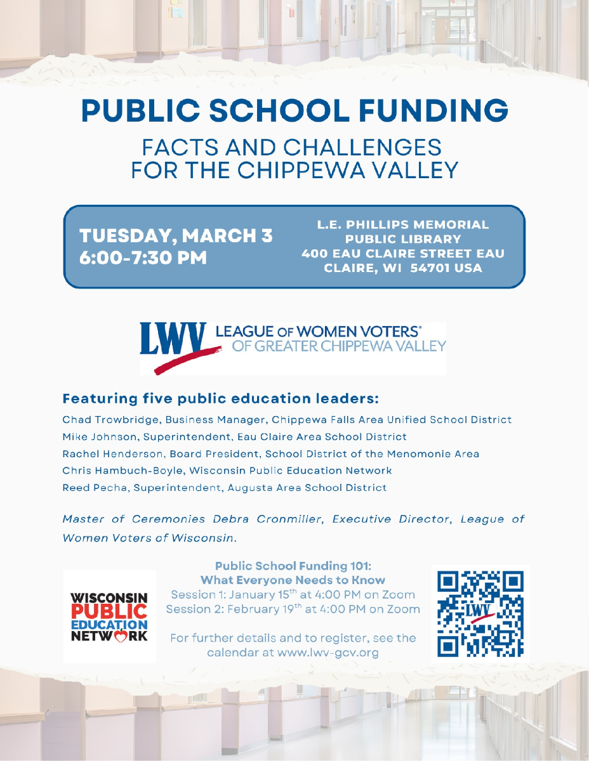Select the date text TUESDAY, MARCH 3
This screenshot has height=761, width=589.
pos(176,236)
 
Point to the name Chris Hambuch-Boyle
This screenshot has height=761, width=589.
pos(115,471)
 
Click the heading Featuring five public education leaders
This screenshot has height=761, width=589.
pos(220,400)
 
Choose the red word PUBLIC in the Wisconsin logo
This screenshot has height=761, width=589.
pos(109,611)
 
